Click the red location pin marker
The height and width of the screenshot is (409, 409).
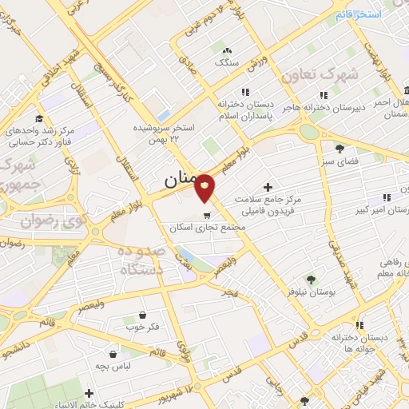(x=204, y=189)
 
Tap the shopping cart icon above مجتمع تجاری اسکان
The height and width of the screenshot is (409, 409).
(x=208, y=215)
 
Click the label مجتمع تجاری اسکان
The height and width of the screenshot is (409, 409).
(x=203, y=228)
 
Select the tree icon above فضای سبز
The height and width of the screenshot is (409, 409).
(x=340, y=149)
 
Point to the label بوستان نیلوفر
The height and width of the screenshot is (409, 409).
(x=311, y=292)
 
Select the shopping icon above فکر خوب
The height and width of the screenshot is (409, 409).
(x=143, y=315)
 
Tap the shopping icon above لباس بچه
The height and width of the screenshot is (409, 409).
(x=114, y=352)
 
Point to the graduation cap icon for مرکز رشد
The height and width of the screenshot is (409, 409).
(x=38, y=117)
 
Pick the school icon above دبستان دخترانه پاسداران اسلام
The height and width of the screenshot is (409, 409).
(x=245, y=93)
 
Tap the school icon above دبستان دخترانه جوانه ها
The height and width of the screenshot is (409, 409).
(x=360, y=325)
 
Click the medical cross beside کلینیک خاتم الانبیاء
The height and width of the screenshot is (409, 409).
(x=89, y=393)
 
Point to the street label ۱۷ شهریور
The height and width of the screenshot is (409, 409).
(x=177, y=393)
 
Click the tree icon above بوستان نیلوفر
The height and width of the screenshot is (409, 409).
(x=311, y=279)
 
